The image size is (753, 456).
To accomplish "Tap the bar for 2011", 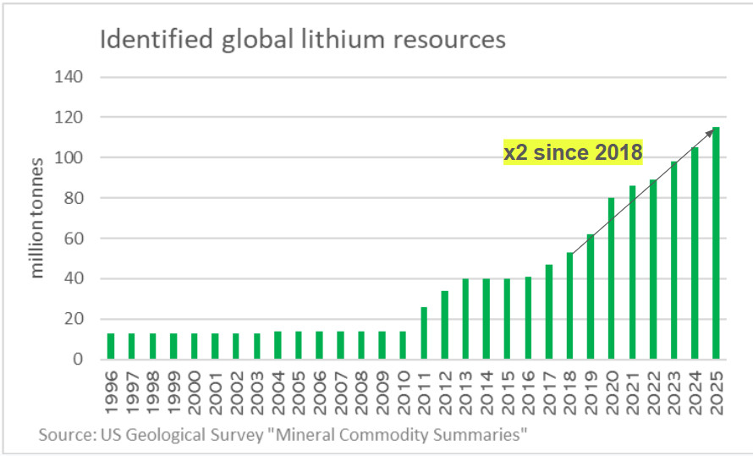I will point(424,333).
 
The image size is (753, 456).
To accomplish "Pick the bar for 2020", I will point(612,278).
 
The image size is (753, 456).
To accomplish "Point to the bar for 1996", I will point(111,346).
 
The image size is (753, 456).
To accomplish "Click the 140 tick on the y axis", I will point(71,77).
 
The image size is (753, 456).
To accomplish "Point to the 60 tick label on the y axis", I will point(74,239).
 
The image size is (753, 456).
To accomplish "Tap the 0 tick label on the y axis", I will point(80,360).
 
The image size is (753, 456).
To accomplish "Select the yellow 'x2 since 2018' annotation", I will point(573,152).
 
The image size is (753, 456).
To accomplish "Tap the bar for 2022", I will point(653,270).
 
